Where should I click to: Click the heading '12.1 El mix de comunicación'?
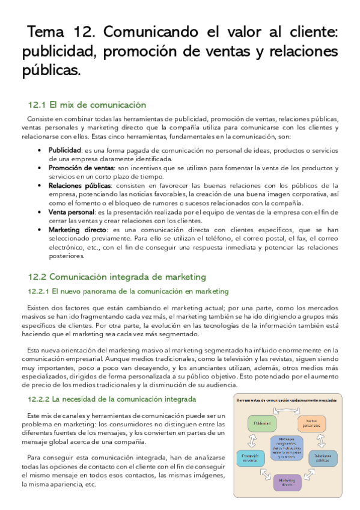(87, 105)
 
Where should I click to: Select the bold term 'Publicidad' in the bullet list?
(65, 150)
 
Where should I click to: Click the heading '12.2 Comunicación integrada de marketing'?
(117, 277)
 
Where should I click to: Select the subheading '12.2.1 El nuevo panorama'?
(128, 292)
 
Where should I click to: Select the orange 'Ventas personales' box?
(311, 423)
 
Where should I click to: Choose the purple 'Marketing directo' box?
(287, 482)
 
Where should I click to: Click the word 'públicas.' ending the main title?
(50, 70)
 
